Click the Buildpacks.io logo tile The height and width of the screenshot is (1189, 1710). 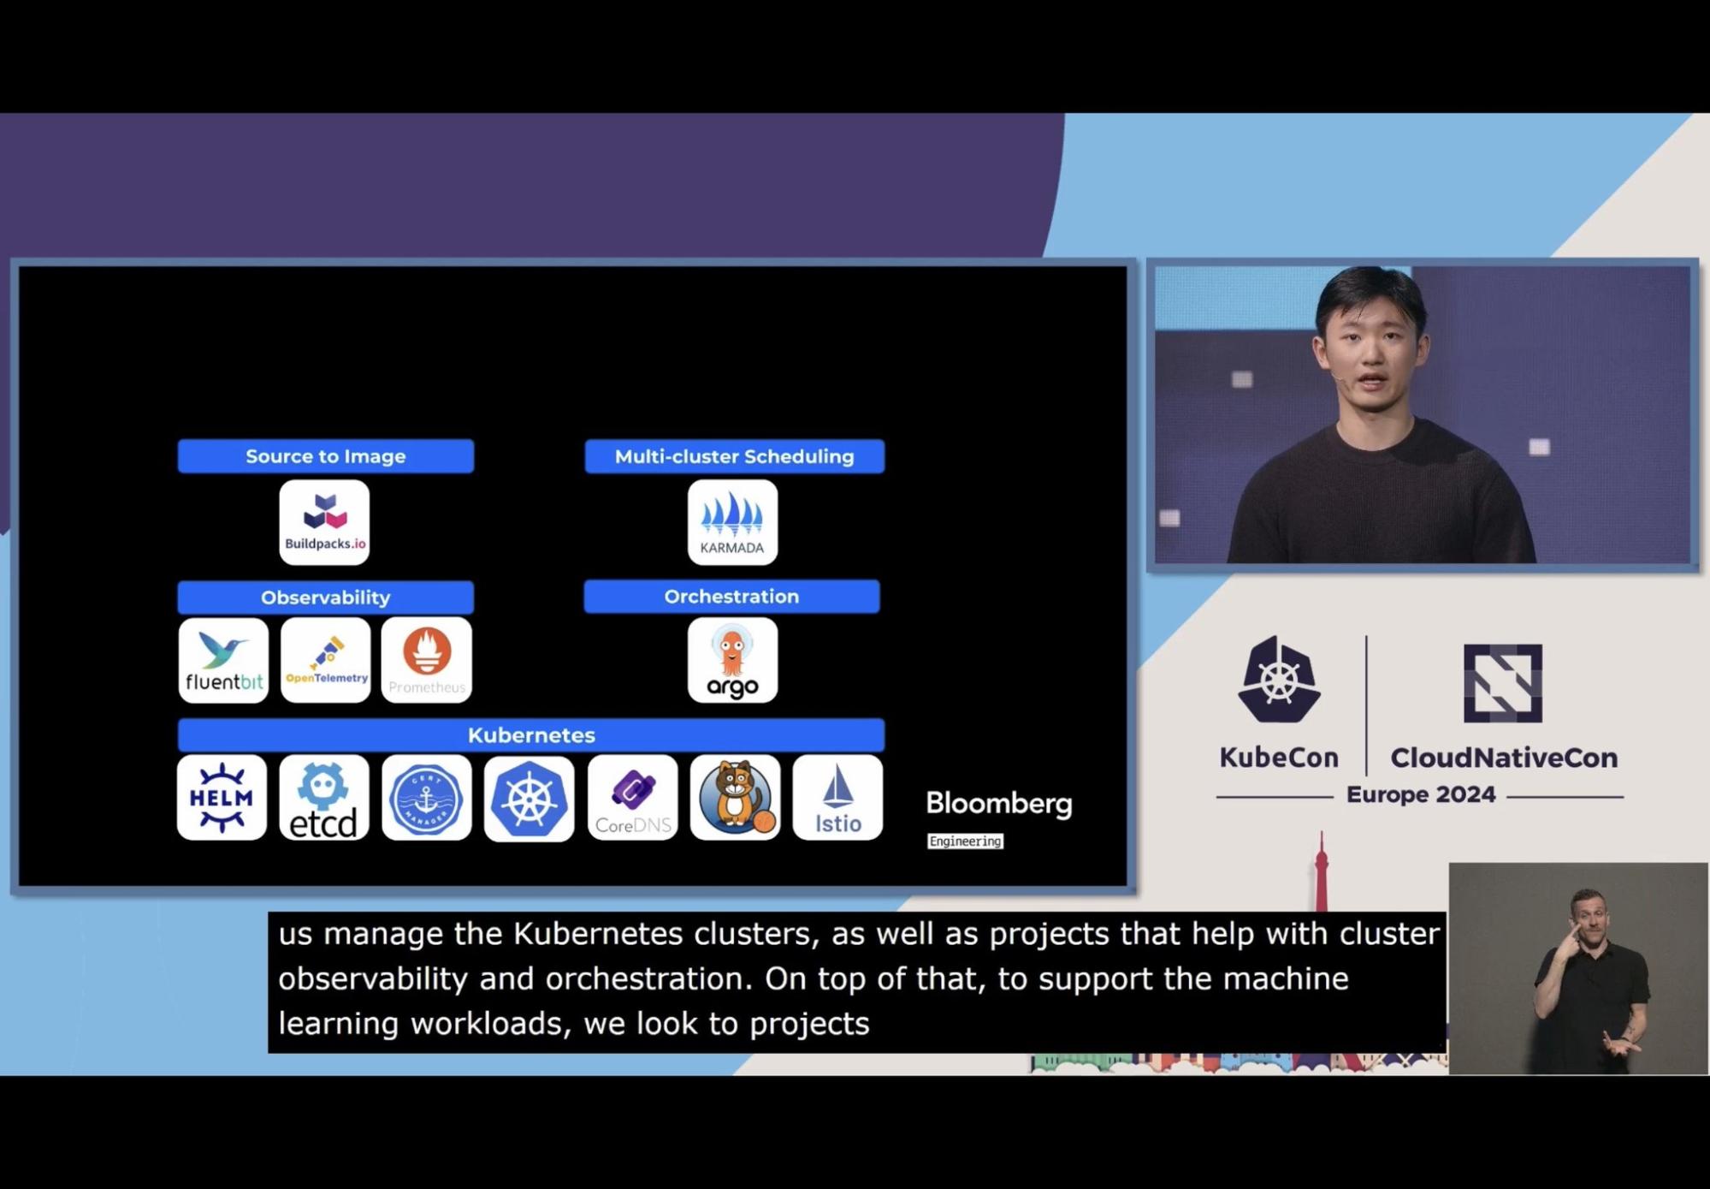324,522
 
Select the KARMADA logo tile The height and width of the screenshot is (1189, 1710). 732,522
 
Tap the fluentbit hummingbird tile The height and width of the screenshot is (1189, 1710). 223,660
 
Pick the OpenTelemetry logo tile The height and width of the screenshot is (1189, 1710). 325,660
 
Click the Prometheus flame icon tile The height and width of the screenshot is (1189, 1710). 427,660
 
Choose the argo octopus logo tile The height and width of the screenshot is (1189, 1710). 732,660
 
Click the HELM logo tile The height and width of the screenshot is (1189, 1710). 222,798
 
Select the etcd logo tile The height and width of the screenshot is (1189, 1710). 324,798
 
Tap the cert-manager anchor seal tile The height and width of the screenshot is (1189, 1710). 426,798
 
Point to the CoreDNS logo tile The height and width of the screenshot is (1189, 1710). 632,798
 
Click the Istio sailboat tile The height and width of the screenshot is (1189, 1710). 837,798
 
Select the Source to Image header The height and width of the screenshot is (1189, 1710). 325,456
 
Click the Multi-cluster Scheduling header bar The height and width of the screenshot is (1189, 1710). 734,456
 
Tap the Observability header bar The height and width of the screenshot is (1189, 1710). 325,597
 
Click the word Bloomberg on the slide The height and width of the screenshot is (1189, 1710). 998,804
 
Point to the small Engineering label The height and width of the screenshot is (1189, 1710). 965,841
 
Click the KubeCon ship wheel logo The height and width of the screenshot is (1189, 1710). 1278,681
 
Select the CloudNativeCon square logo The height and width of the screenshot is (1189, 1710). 1502,683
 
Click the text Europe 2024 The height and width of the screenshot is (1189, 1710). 1420,795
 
